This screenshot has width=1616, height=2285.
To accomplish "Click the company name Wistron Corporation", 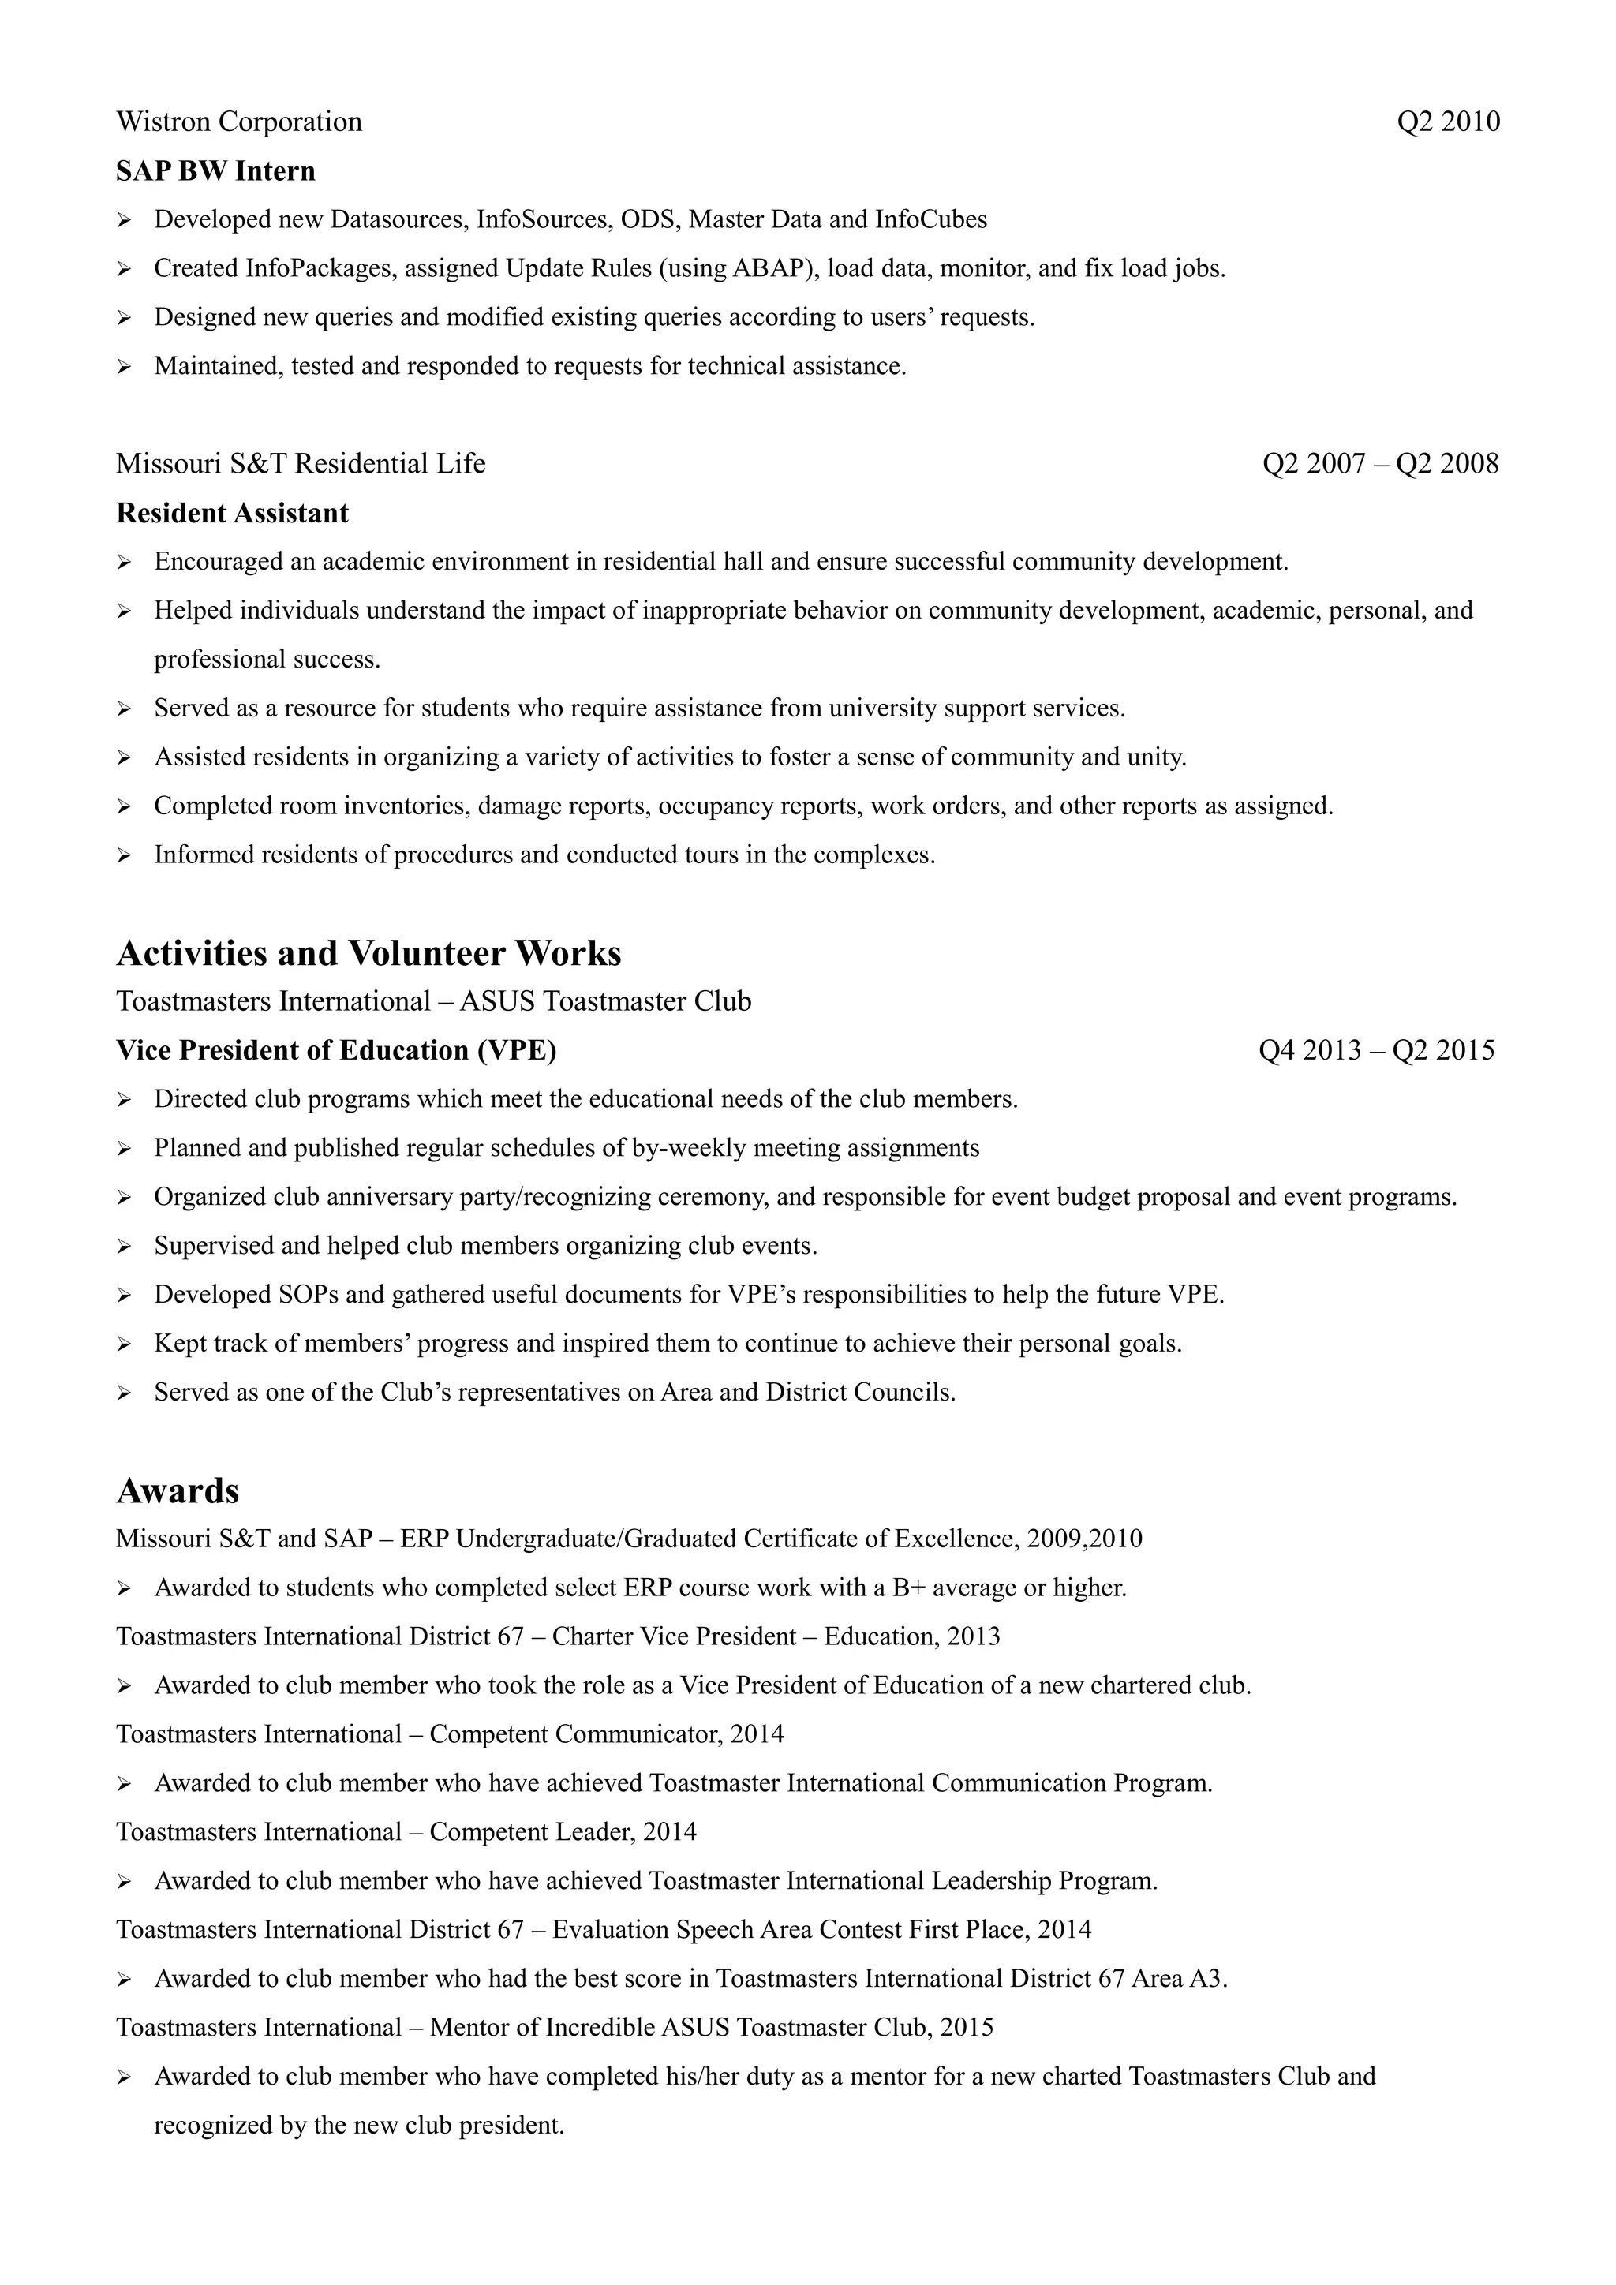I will pyautogui.click(x=239, y=122).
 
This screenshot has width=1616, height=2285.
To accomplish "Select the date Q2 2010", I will pyautogui.click(x=1448, y=122).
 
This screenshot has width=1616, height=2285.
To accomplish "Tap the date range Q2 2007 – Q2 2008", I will pyautogui.click(x=1380, y=464).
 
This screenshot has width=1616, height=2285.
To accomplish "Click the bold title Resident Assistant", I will pyautogui.click(x=232, y=514).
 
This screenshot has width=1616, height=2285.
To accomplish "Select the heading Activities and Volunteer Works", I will pyautogui.click(x=368, y=953).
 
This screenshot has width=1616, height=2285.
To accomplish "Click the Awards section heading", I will pyautogui.click(x=178, y=1490).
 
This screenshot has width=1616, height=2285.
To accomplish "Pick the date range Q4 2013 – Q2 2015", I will pyautogui.click(x=1376, y=1051).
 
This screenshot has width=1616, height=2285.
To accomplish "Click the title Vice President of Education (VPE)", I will pyautogui.click(x=336, y=1051).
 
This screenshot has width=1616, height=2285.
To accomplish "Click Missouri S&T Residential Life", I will pyautogui.click(x=301, y=464).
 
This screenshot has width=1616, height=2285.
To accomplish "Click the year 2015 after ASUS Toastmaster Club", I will pyautogui.click(x=967, y=2027).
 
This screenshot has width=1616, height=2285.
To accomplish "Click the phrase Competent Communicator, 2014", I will pyautogui.click(x=607, y=1734).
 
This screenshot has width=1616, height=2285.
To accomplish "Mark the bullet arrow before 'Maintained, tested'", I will pyautogui.click(x=125, y=367).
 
